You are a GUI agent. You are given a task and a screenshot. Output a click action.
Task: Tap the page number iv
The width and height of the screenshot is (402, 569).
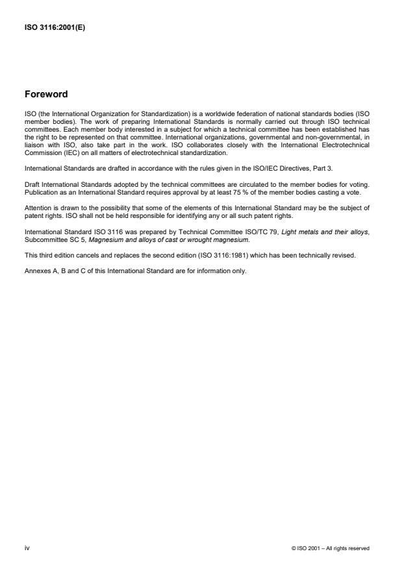pyautogui.click(x=27, y=548)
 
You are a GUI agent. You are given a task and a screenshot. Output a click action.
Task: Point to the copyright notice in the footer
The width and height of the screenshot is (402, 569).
pyautogui.click(x=331, y=548)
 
